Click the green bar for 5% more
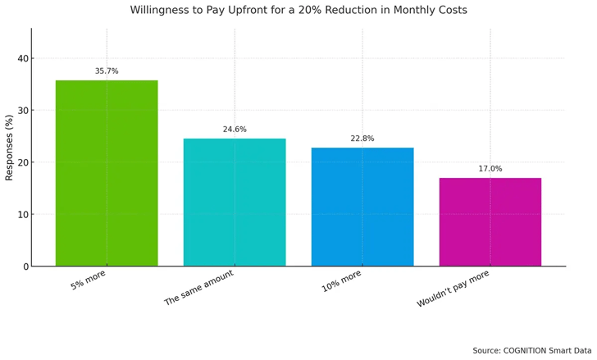click(107, 173)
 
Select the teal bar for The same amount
click(235, 202)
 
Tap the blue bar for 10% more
click(362, 207)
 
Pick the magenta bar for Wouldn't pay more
click(490, 221)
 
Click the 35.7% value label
click(107, 71)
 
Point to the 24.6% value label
click(235, 130)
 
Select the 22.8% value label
click(362, 139)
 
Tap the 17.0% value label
click(490, 169)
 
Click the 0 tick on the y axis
click(25, 267)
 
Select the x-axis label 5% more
click(88, 280)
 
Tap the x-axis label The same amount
click(199, 288)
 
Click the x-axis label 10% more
click(342, 281)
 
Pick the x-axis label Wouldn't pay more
click(453, 289)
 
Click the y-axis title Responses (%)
click(10, 148)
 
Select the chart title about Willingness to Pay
click(298, 11)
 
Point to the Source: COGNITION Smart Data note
click(531, 351)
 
